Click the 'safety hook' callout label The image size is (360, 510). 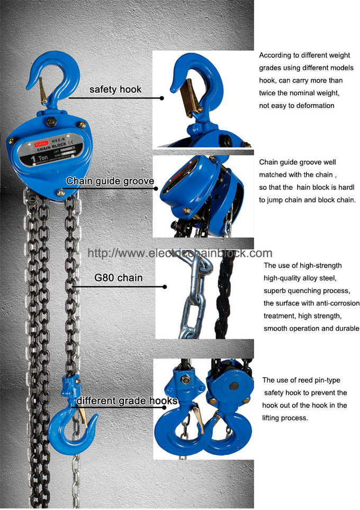coord(115,89)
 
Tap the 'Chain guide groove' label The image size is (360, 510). coord(110,181)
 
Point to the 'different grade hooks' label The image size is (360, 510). coord(127,400)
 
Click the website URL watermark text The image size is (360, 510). coord(179,253)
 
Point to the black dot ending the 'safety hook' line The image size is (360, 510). coord(162,98)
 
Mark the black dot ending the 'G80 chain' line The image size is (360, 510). coord(165,287)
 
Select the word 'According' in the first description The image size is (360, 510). coord(274,55)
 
